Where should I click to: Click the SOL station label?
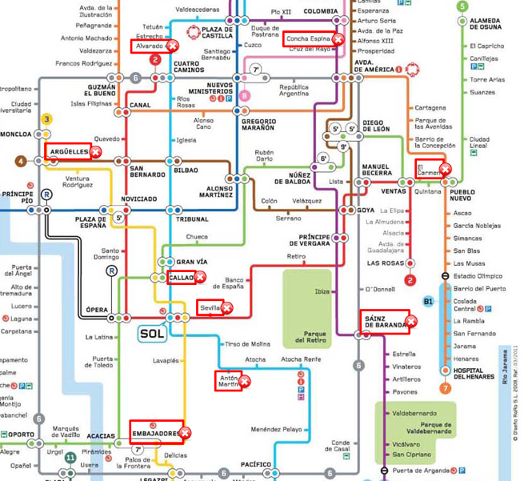151,333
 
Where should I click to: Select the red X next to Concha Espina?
338,38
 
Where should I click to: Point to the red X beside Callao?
200,278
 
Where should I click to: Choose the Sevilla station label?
210,307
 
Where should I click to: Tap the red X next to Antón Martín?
246,381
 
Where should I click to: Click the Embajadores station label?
157,434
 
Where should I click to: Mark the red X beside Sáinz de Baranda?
411,322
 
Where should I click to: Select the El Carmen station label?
428,170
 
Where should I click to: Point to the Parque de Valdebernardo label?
435,427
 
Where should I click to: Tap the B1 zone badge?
428,303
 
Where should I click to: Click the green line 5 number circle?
462,6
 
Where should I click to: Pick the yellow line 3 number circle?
47,119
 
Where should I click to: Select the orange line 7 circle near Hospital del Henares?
445,389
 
